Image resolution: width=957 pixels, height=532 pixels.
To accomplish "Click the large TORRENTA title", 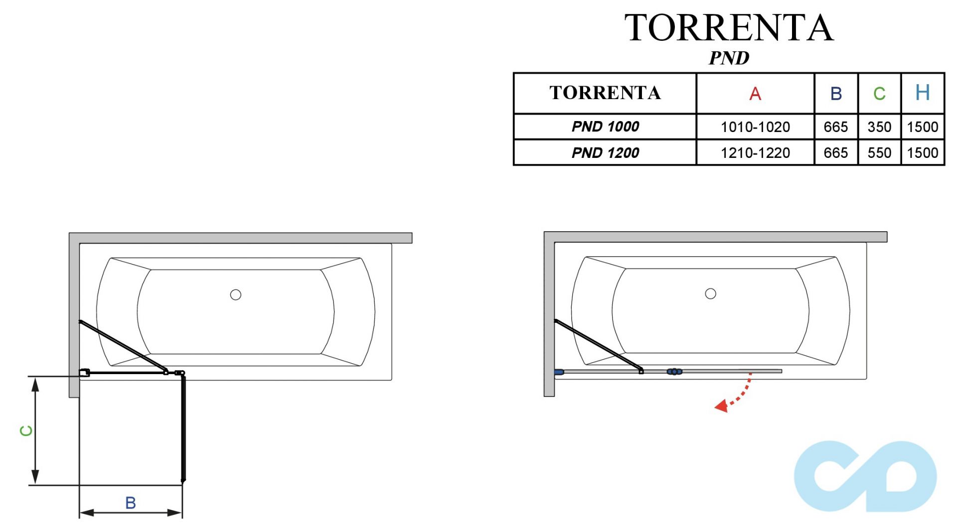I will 729,28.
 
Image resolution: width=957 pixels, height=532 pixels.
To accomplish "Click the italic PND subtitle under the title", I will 729,58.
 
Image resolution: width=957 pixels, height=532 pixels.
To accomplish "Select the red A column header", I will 755,94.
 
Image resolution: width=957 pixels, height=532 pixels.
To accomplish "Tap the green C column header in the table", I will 879,94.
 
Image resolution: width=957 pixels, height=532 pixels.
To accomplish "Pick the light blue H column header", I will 923,93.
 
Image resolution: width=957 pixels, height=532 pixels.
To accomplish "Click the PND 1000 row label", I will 605,127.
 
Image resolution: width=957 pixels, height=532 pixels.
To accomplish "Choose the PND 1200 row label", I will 605,152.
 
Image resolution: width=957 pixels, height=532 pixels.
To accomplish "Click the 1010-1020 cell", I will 755,127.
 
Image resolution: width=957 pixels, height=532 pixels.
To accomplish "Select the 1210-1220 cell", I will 755,153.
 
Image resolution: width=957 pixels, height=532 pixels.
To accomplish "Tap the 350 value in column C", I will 879,127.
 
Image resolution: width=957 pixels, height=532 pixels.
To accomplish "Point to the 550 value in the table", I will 879,153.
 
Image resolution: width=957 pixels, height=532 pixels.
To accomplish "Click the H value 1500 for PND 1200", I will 923,153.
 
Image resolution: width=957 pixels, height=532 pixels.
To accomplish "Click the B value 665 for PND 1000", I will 836,127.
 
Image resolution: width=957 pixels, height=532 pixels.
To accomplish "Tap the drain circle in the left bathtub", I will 236,295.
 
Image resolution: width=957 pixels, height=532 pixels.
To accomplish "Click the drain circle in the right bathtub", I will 711,294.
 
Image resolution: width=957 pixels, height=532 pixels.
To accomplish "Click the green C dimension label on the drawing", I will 26,431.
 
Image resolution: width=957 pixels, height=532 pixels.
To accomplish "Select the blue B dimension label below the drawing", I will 131,503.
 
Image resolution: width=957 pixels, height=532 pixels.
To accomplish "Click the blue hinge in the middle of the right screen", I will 674,372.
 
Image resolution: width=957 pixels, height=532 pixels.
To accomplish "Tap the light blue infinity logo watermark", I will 865,476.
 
